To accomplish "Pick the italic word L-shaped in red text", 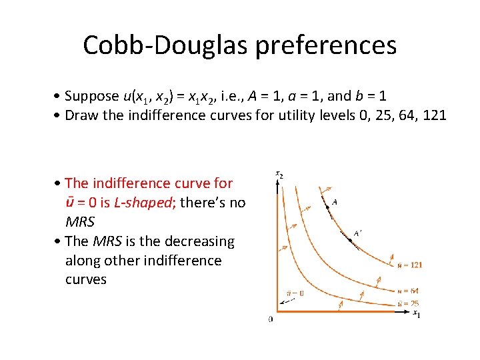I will click(141, 203).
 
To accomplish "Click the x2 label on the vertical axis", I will click(279, 175).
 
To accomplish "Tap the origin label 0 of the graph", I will click(270, 319).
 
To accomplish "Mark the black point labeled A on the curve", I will click(327, 207).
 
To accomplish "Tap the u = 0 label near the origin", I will click(295, 293).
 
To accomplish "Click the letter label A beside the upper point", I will click(334, 201).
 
